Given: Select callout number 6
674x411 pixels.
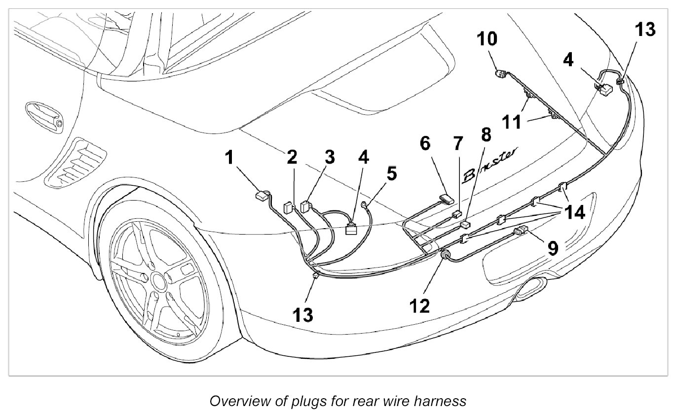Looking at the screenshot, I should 425,145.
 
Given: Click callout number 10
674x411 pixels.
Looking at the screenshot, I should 487,39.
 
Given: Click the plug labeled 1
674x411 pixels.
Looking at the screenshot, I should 261,196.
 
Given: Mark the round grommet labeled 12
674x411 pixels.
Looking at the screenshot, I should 445,255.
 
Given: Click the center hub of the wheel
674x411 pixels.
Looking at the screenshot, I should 159,282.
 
